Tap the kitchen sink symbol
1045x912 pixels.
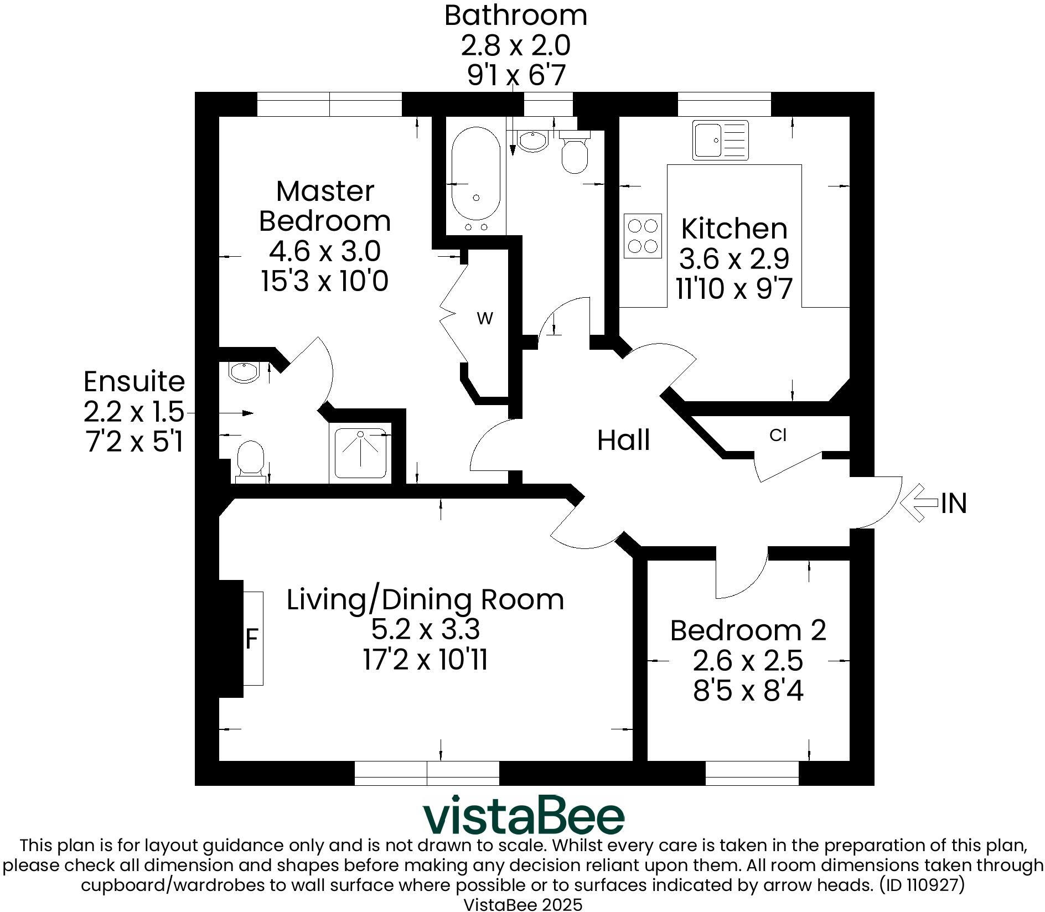(720, 140)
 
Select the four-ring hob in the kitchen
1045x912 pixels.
(643, 235)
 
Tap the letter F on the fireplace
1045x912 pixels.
(252, 640)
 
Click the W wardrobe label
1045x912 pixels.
(485, 319)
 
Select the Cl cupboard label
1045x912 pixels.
(778, 436)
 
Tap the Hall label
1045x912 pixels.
(623, 441)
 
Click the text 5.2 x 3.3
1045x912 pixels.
(425, 629)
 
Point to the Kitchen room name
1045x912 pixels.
(734, 229)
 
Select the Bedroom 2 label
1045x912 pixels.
(748, 630)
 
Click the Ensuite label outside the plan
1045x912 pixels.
(134, 381)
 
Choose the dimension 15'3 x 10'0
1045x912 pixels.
(324, 281)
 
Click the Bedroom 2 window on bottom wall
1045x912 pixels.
(752, 773)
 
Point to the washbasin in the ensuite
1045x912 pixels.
(244, 372)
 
